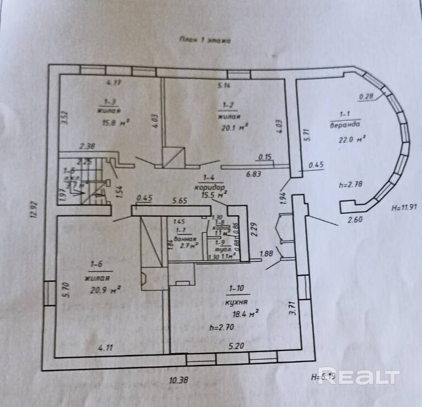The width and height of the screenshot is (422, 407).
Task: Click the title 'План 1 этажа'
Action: [205, 40]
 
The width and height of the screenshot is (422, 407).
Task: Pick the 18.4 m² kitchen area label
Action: [246, 314]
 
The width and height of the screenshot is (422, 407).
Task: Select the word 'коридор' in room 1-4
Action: [212, 187]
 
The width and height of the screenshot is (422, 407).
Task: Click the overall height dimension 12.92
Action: [33, 209]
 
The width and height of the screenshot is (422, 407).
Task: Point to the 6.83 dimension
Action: [253, 174]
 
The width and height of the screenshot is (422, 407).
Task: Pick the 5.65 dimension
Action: [180, 200]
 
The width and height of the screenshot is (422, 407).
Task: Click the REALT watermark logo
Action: [358, 376]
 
